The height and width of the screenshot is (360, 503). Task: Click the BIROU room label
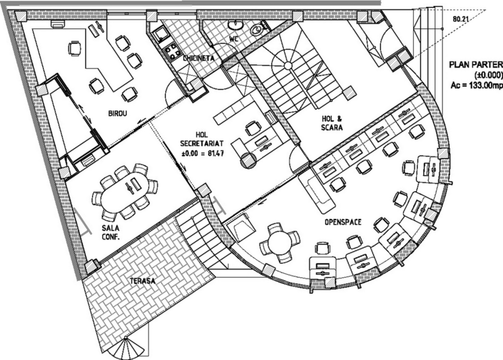(x=118, y=113)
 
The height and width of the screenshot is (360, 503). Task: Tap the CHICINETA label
(x=199, y=58)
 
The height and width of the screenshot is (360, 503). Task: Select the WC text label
(x=234, y=39)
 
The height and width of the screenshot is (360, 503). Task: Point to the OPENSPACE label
(x=343, y=222)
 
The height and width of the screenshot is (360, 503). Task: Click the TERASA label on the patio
(x=143, y=281)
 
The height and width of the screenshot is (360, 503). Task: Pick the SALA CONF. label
(x=111, y=232)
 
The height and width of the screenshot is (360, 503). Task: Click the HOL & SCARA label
(x=332, y=123)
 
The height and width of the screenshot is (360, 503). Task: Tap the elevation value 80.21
(x=460, y=20)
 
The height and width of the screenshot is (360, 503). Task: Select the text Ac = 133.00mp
(x=477, y=86)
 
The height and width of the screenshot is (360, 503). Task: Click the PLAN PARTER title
(x=476, y=65)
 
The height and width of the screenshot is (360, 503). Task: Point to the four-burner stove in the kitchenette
(x=172, y=52)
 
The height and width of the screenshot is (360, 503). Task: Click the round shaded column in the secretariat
(x=248, y=160)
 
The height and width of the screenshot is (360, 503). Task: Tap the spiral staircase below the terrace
(x=127, y=349)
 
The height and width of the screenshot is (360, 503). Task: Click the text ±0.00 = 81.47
(x=202, y=154)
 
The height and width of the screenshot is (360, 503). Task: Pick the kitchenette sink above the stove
(x=160, y=34)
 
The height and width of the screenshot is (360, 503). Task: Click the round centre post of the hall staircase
(x=288, y=66)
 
